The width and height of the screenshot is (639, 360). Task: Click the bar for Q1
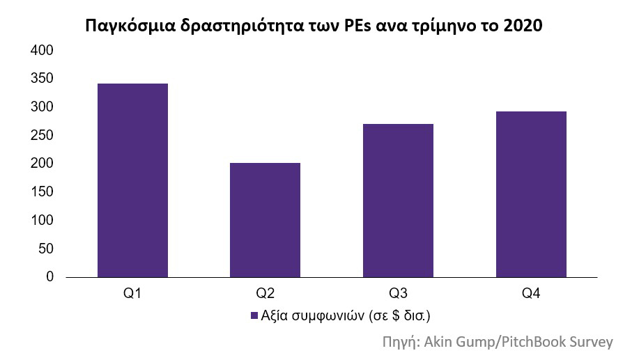(132, 180)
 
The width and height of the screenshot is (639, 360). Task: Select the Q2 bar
(265, 220)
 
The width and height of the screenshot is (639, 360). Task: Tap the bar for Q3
(398, 201)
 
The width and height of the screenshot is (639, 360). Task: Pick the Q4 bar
(531, 194)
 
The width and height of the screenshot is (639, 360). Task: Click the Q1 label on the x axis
(132, 294)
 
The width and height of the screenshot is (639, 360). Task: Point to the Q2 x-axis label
(265, 294)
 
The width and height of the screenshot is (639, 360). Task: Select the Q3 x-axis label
(398, 294)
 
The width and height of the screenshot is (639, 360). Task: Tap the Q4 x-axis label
(531, 294)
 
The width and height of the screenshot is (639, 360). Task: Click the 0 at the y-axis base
(49, 277)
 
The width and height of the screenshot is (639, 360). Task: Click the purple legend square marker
(254, 316)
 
